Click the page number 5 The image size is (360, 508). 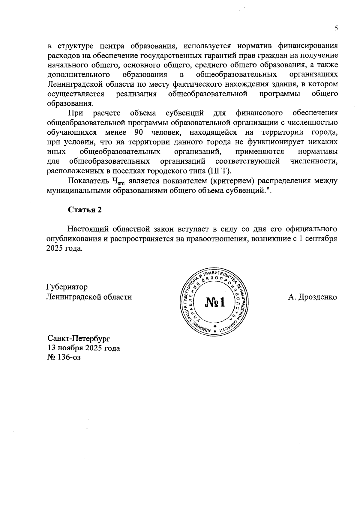coord(336,28)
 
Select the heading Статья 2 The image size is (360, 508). coord(85,210)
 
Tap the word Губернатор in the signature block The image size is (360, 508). coord(67,287)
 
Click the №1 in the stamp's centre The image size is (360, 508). coord(215,302)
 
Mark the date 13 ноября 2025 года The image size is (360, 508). coord(84,348)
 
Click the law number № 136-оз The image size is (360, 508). coord(64,357)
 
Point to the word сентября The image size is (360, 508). coord(322,239)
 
